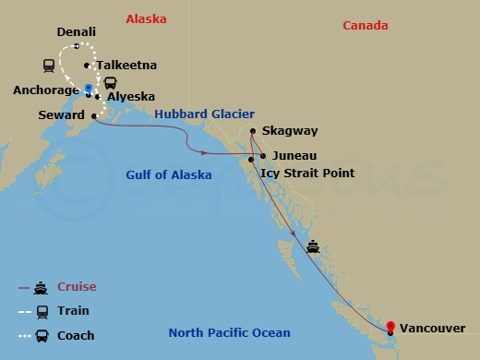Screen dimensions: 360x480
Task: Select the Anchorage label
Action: tap(45, 90)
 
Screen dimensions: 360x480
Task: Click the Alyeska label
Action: tap(129, 96)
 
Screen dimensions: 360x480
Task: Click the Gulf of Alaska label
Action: tap(168, 174)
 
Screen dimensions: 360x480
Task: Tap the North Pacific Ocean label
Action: tap(229, 333)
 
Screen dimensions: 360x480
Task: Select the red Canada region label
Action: tap(365, 25)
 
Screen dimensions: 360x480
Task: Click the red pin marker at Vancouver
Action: tap(391, 326)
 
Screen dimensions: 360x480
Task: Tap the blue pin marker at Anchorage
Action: tap(89, 90)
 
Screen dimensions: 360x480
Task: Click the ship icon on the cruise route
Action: tap(314, 246)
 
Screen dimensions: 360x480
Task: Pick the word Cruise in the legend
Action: tap(77, 287)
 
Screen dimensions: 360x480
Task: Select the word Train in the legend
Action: tap(74, 311)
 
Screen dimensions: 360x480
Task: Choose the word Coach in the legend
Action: tap(76, 335)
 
